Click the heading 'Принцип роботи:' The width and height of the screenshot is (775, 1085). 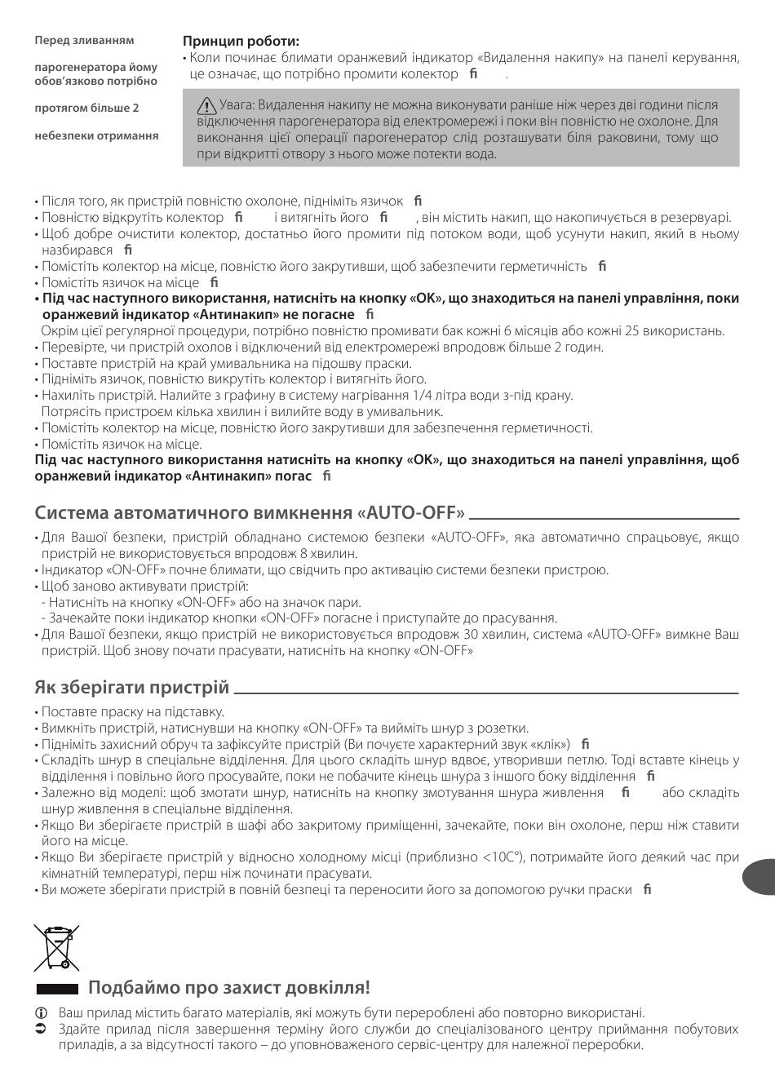(241, 41)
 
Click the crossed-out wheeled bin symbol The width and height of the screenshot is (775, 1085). (56, 947)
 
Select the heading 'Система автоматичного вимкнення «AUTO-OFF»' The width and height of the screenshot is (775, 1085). (250, 512)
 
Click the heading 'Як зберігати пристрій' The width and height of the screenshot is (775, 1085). (132, 687)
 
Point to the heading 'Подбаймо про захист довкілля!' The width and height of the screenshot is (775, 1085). (228, 988)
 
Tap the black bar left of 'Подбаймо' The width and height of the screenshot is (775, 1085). (57, 989)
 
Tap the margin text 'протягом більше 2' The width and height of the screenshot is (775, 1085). (86, 108)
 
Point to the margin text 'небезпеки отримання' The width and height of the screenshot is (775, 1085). (97, 135)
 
